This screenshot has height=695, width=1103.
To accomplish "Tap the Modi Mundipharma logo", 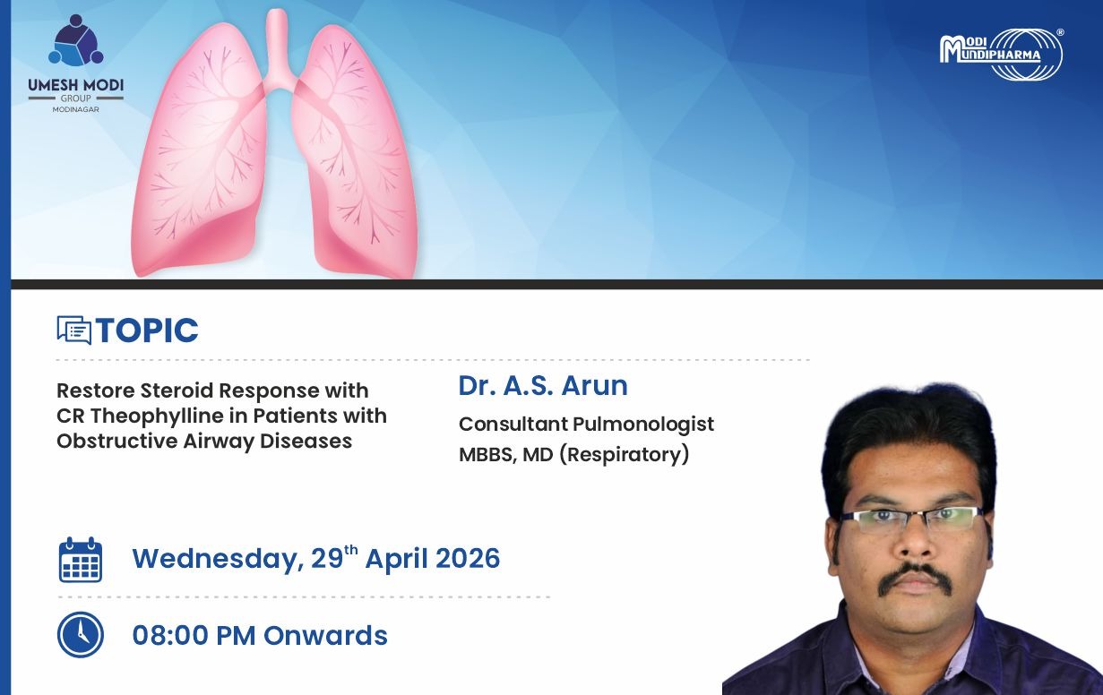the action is point(1002,54).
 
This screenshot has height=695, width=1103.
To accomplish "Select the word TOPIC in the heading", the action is point(147,330).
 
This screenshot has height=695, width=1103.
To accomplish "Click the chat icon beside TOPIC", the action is point(73,330).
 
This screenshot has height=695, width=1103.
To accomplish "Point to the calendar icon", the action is point(81,560).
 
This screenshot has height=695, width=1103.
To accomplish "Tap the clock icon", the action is point(81,635).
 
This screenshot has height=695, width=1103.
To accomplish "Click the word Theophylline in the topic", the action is point(158,416).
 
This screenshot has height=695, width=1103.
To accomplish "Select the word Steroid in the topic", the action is point(177,390).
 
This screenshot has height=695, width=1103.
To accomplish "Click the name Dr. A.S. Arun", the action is point(543,385).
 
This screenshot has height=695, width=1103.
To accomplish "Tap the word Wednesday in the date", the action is point(218,559).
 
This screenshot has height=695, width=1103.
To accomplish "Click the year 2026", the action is point(468,558).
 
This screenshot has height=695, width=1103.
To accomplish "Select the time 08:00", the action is point(170,635).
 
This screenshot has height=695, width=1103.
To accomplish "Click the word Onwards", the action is point(325,635).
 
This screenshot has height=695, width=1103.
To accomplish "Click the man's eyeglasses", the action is point(912,520).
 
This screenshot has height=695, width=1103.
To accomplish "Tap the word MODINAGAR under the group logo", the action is point(76,110).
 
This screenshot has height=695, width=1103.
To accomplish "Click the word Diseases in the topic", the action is point(306,441).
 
